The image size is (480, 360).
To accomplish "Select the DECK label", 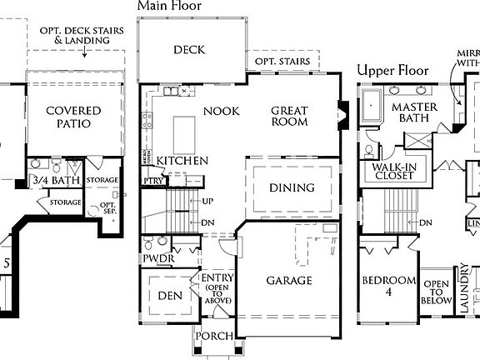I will click(x=189, y=50).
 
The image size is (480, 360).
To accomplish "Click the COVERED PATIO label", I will click(x=73, y=117).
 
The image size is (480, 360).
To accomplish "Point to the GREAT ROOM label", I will click(x=288, y=116).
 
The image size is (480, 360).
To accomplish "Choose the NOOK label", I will click(x=221, y=111).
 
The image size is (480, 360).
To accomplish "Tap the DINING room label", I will click(x=292, y=187).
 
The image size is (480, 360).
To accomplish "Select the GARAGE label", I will click(x=289, y=281).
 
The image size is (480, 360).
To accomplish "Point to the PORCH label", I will click(x=213, y=336).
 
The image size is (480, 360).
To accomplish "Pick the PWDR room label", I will click(x=158, y=260).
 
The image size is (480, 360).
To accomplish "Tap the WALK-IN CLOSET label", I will click(x=387, y=172).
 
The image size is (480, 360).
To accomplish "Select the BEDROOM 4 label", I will click(x=388, y=287).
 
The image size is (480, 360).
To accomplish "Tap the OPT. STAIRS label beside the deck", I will click(x=282, y=62).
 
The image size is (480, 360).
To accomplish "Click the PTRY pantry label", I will click(x=153, y=181).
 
